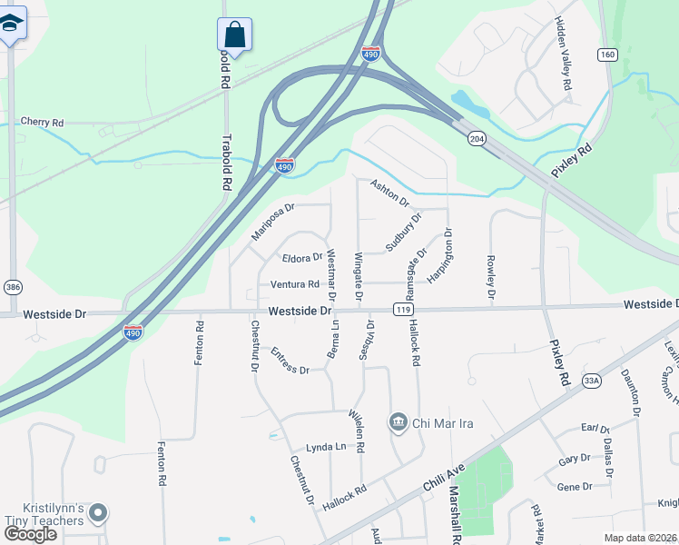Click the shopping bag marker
(x=234, y=35)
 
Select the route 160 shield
(x=607, y=55)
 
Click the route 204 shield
(x=476, y=138)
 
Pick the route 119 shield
(x=400, y=310)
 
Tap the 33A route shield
(x=593, y=381)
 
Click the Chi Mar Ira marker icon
(x=398, y=422)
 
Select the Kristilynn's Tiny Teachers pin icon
(x=98, y=513)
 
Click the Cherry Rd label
(x=42, y=122)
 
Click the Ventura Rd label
(x=295, y=284)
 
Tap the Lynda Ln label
(x=326, y=447)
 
